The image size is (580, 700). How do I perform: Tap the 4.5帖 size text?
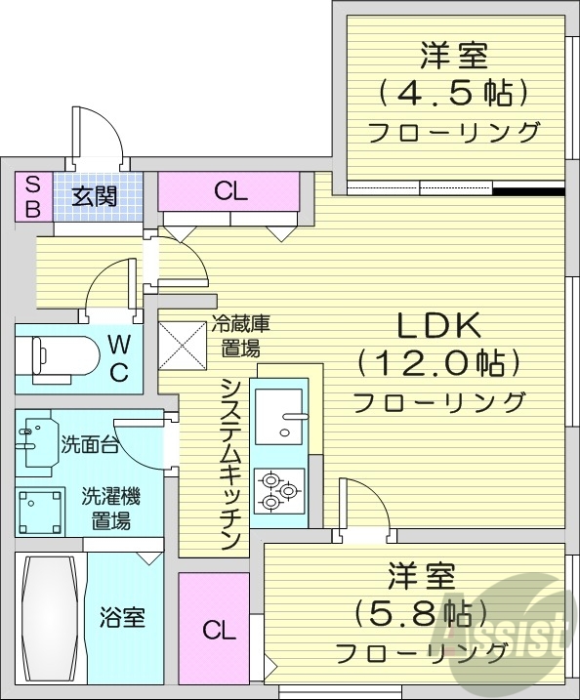(x=453, y=93)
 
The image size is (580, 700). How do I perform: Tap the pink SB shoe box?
(x=32, y=195)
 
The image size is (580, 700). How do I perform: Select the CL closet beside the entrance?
(x=230, y=192)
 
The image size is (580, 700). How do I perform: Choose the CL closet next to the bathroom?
(x=219, y=630)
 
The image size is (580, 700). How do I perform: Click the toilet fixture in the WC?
(x=60, y=357)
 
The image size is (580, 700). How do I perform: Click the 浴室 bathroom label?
(x=122, y=618)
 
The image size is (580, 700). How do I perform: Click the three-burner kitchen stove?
(x=278, y=491)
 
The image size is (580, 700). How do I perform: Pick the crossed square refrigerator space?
(x=182, y=341)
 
